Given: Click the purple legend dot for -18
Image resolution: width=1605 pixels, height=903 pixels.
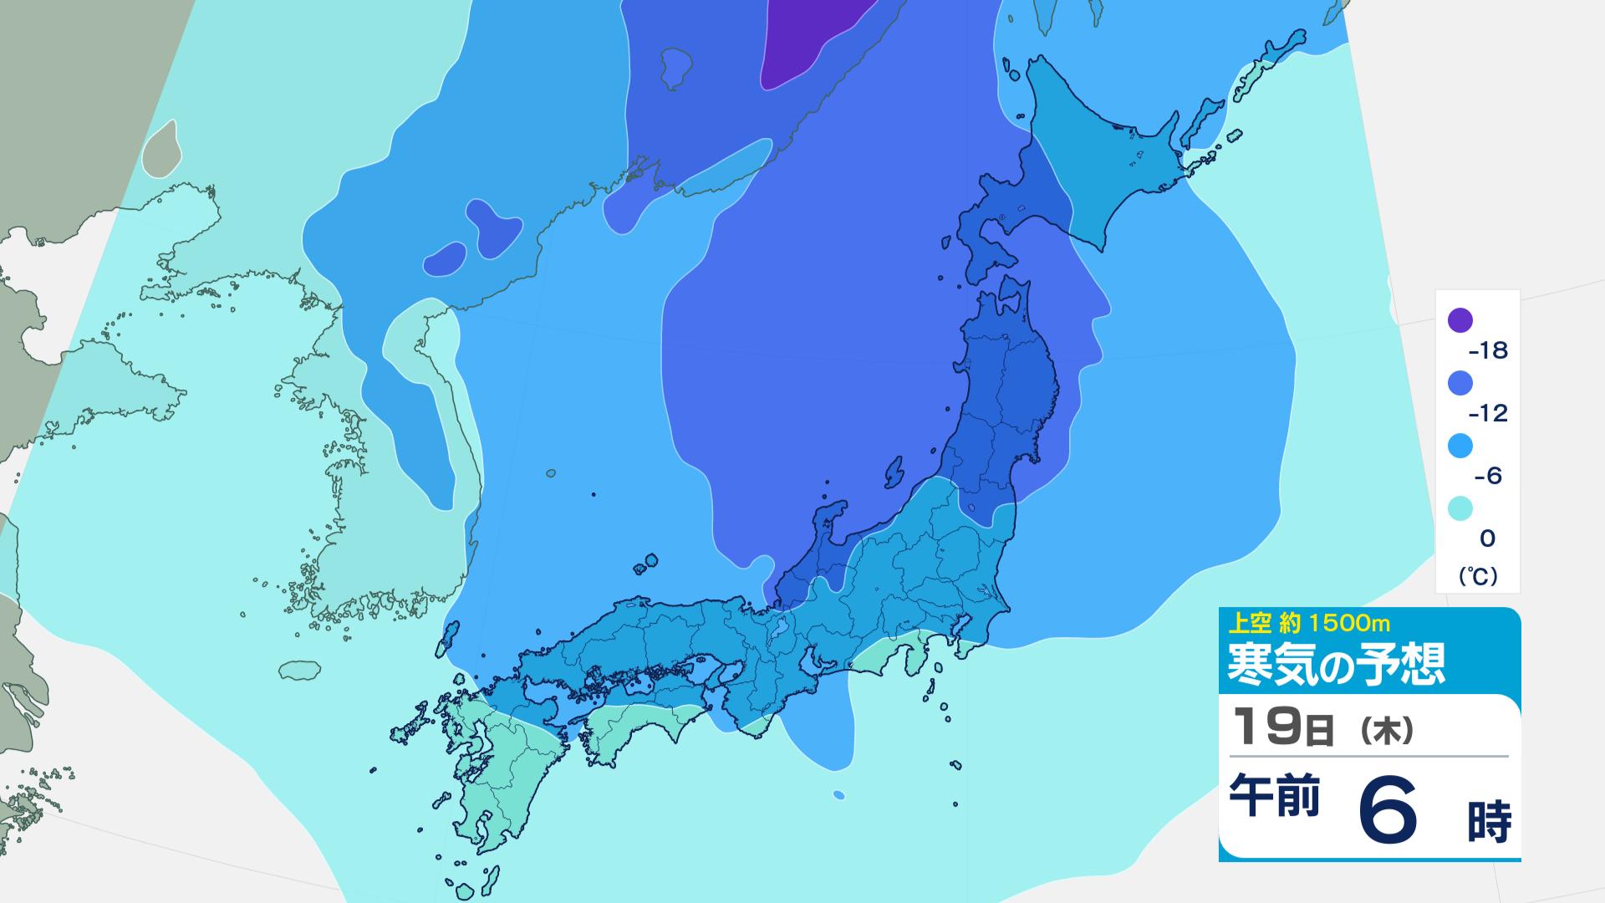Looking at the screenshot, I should (x=1460, y=320).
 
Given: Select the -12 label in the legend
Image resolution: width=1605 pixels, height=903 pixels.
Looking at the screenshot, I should (x=1487, y=413).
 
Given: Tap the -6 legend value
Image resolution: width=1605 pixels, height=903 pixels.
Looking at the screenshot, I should (x=1487, y=476).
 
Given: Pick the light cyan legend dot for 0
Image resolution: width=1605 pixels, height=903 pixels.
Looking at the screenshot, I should (x=1460, y=508).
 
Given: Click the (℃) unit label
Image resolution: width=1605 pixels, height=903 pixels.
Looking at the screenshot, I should (x=1478, y=576).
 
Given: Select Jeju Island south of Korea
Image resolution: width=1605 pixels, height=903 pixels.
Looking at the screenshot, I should (x=300, y=670).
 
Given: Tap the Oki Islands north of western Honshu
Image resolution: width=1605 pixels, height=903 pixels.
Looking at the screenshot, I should (x=646, y=564).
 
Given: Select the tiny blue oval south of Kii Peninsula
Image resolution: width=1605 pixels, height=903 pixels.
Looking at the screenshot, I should (x=838, y=794).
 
